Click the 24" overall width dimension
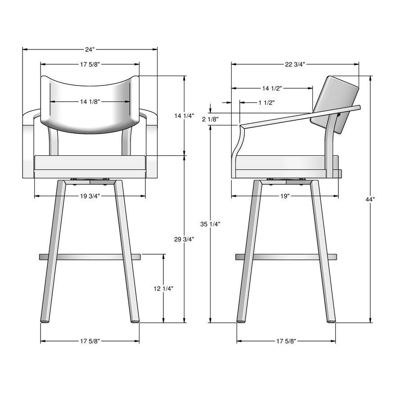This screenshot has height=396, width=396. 90,49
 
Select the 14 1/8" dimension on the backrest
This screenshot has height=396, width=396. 90,102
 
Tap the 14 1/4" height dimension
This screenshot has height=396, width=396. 184,116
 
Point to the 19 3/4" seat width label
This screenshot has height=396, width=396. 90,196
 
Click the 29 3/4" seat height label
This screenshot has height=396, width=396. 184,239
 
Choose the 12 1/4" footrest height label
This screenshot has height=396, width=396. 163,289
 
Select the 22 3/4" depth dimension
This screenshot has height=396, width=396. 295,64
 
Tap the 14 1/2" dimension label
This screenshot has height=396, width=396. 272,88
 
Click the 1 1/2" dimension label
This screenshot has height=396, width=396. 266,103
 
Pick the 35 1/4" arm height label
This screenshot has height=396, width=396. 210,224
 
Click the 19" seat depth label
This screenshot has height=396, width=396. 284,196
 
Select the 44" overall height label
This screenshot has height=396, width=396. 370,199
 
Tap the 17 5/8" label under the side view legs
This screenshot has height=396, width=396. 286,341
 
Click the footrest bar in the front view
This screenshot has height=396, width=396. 90,257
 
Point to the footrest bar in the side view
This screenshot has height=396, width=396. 286,257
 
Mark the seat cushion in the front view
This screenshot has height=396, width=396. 90,166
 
